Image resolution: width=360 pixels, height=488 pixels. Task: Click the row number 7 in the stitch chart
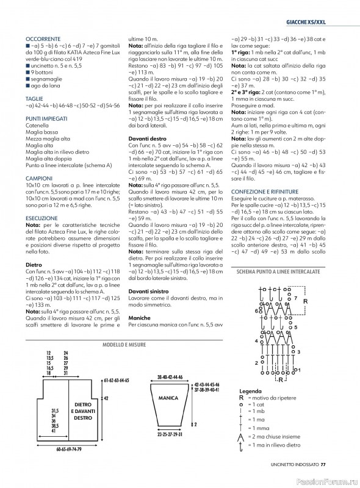(x=295, y=299)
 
